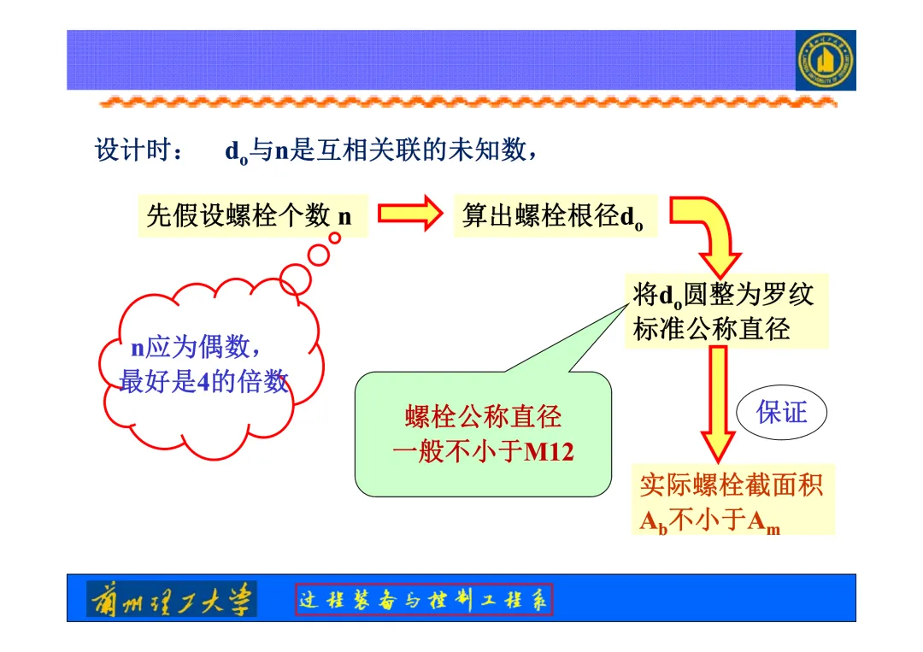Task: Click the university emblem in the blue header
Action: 825,61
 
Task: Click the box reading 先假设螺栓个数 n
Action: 252,216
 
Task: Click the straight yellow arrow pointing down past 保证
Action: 718,402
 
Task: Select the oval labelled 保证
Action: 782,413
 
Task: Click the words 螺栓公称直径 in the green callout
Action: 483,417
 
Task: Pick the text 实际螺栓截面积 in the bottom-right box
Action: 732,485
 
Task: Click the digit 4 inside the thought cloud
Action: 203,382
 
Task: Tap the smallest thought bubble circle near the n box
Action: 335,238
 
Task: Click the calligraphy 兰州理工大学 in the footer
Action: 172,600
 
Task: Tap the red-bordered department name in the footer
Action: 425,600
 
